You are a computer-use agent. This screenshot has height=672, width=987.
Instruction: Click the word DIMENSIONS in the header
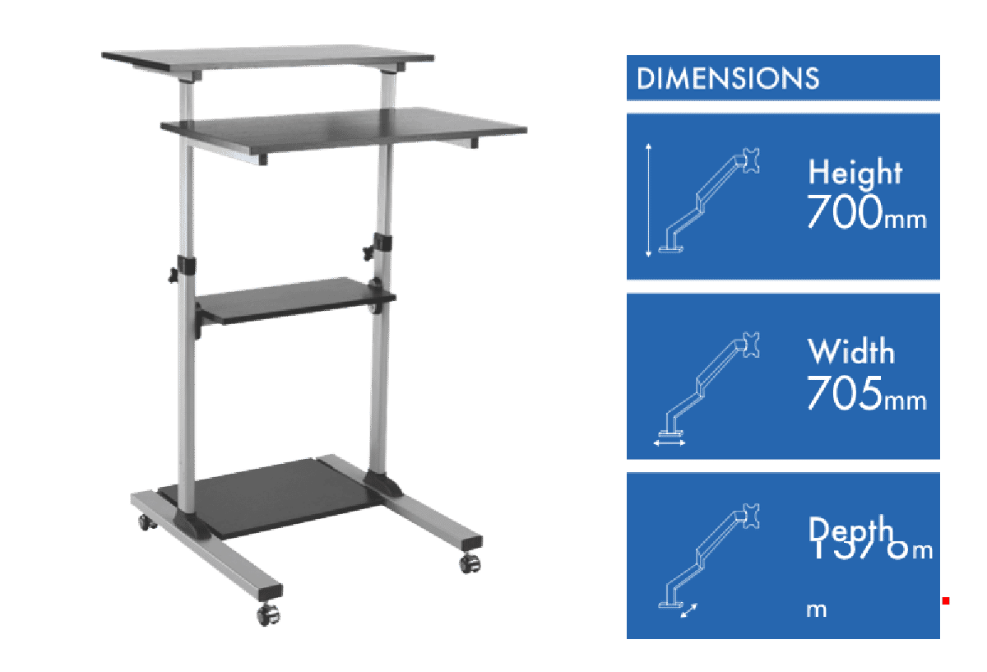click(x=728, y=78)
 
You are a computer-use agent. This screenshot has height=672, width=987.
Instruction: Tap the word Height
click(x=855, y=173)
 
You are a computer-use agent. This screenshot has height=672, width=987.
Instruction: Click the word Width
click(x=850, y=352)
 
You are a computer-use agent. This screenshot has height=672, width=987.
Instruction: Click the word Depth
click(x=850, y=529)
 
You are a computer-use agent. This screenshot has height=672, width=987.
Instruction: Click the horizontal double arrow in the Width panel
click(x=670, y=443)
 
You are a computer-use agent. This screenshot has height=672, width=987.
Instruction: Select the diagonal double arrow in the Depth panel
click(x=689, y=610)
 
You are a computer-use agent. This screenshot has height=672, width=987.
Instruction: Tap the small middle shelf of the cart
click(x=296, y=298)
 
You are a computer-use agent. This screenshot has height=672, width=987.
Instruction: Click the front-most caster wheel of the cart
click(x=269, y=613)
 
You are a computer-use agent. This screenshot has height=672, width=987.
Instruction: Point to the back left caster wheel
click(x=146, y=521)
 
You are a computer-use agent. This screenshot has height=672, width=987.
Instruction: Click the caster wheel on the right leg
click(x=469, y=565)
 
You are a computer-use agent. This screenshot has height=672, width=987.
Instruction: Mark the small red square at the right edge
click(x=946, y=601)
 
